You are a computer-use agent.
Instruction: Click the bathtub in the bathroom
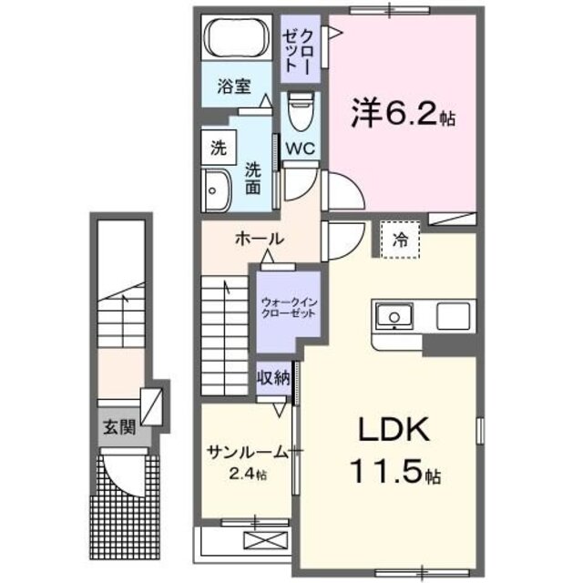coord(234,40)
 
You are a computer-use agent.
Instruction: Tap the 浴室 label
coord(234,87)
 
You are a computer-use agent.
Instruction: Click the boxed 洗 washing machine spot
coord(219,146)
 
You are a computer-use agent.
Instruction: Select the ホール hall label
coord(260,240)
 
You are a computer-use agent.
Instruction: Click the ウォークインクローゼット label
coord(288,306)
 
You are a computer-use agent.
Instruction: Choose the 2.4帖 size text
coord(249,474)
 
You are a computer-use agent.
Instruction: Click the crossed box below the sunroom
coord(259,541)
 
